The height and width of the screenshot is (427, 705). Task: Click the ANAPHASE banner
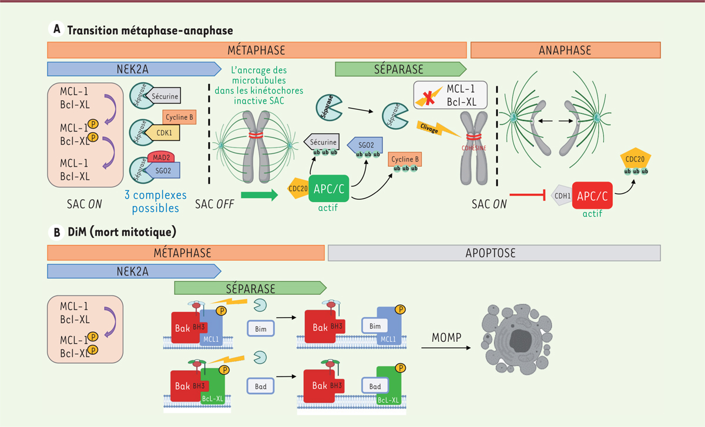pyautogui.click(x=566, y=50)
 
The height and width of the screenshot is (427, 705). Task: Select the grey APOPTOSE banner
pyautogui.click(x=494, y=253)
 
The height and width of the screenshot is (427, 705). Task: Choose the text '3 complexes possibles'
pyautogui.click(x=156, y=201)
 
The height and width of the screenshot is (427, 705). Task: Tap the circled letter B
pyautogui.click(x=57, y=231)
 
